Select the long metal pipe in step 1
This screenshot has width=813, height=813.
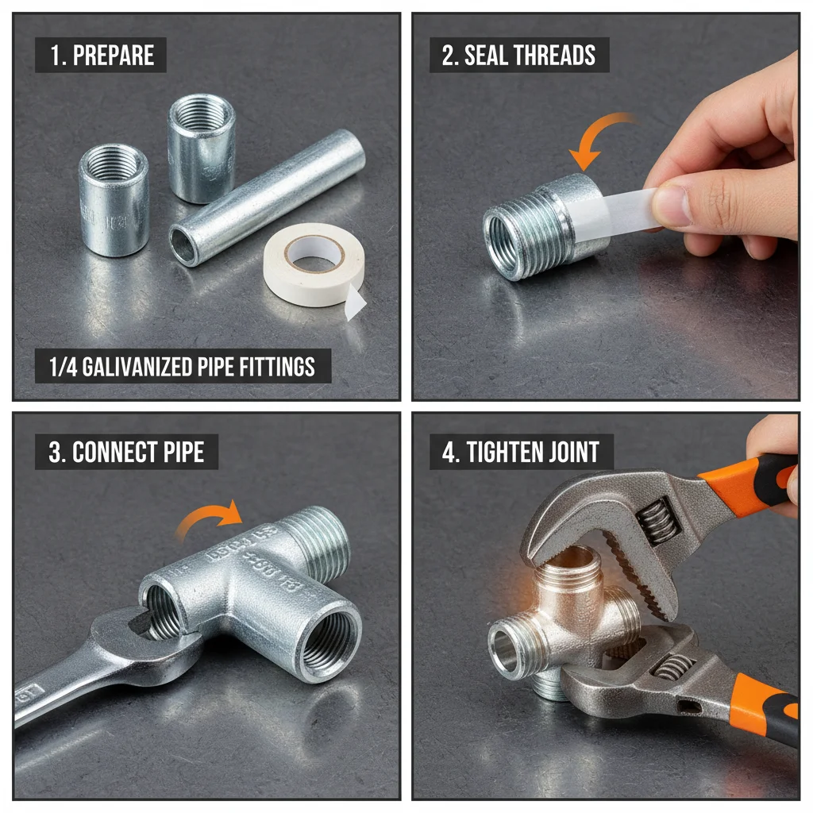pyautogui.click(x=267, y=197)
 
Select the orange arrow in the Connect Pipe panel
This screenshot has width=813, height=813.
pyautogui.click(x=208, y=520)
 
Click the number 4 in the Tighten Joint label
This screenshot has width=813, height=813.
pyautogui.click(x=449, y=453)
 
